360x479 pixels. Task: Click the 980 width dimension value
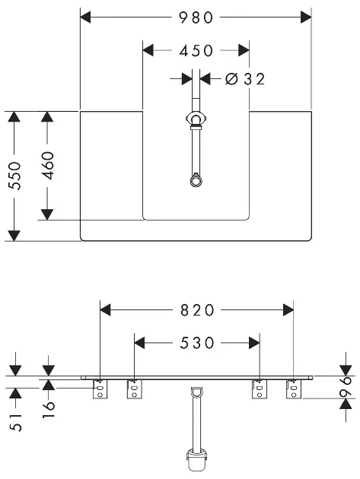[196, 17]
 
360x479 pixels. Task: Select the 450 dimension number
[196, 51]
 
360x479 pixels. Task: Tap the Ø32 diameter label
[245, 79]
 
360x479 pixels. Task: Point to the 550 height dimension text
[15, 176]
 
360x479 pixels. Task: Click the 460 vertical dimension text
[48, 165]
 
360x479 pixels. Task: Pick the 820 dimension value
[197, 310]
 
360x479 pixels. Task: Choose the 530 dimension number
[197, 343]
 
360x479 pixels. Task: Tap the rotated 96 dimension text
[346, 387]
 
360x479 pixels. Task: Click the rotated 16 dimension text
[48, 409]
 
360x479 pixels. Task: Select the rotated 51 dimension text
[15, 423]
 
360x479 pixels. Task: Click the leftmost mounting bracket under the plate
[100, 389]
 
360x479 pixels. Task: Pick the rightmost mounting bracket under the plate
[294, 389]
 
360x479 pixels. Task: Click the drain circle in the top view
[196, 180]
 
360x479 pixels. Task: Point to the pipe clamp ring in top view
[196, 118]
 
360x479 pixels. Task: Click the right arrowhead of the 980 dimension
[306, 17]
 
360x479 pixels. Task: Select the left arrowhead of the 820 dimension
[105, 310]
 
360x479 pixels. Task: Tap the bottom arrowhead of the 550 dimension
[14, 236]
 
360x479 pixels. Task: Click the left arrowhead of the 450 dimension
[148, 50]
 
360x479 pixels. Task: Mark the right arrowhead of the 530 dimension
[254, 343]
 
